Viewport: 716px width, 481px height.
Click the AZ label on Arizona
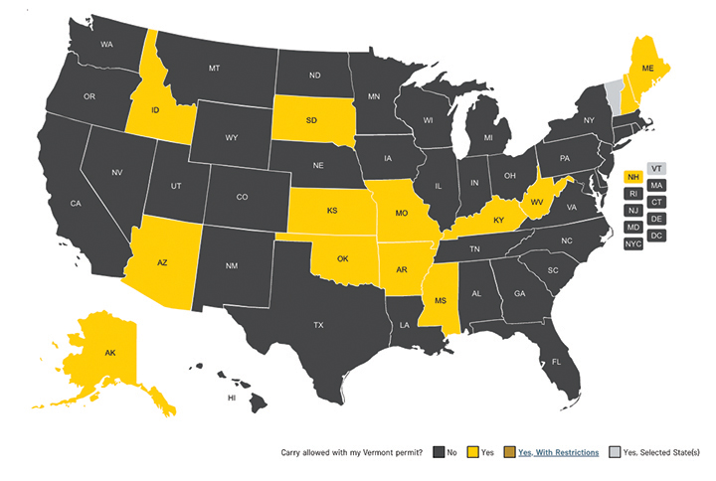[162, 263]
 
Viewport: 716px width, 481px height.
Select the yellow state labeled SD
[311, 120]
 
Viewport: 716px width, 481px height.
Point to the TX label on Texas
[318, 325]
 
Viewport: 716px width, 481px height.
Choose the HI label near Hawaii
[232, 397]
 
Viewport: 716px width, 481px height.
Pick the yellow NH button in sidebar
[631, 177]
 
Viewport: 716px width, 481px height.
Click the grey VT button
[656, 168]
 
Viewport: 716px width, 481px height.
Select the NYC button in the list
[633, 243]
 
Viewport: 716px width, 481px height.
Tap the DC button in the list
[656, 235]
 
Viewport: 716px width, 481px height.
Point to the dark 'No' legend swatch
[439, 452]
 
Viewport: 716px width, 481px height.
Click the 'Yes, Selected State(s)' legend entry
[660, 452]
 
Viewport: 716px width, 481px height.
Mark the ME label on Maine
[646, 70]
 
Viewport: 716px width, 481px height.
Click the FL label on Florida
[556, 362]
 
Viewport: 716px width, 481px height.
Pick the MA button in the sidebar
[656, 185]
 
